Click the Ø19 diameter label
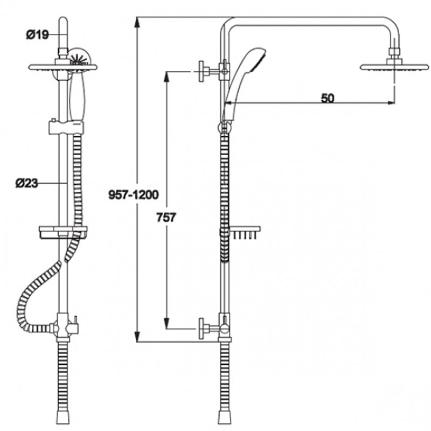[x=37, y=35]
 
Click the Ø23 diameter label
[x=26, y=183]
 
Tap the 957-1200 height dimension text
[x=134, y=194]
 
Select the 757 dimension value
[x=166, y=218]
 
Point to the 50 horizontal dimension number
[x=328, y=98]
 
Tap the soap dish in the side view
[x=244, y=232]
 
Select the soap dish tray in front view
[x=63, y=232]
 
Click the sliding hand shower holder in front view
[x=66, y=127]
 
